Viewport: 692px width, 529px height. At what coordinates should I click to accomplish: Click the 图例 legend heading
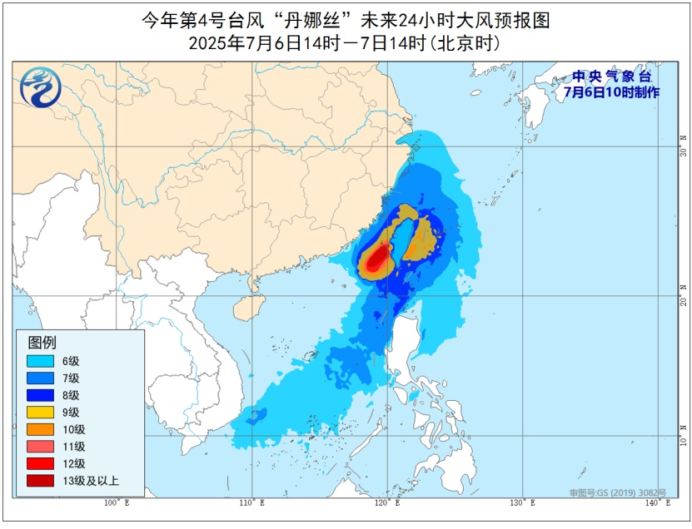42,342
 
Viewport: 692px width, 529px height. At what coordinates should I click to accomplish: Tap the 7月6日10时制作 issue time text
611,91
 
